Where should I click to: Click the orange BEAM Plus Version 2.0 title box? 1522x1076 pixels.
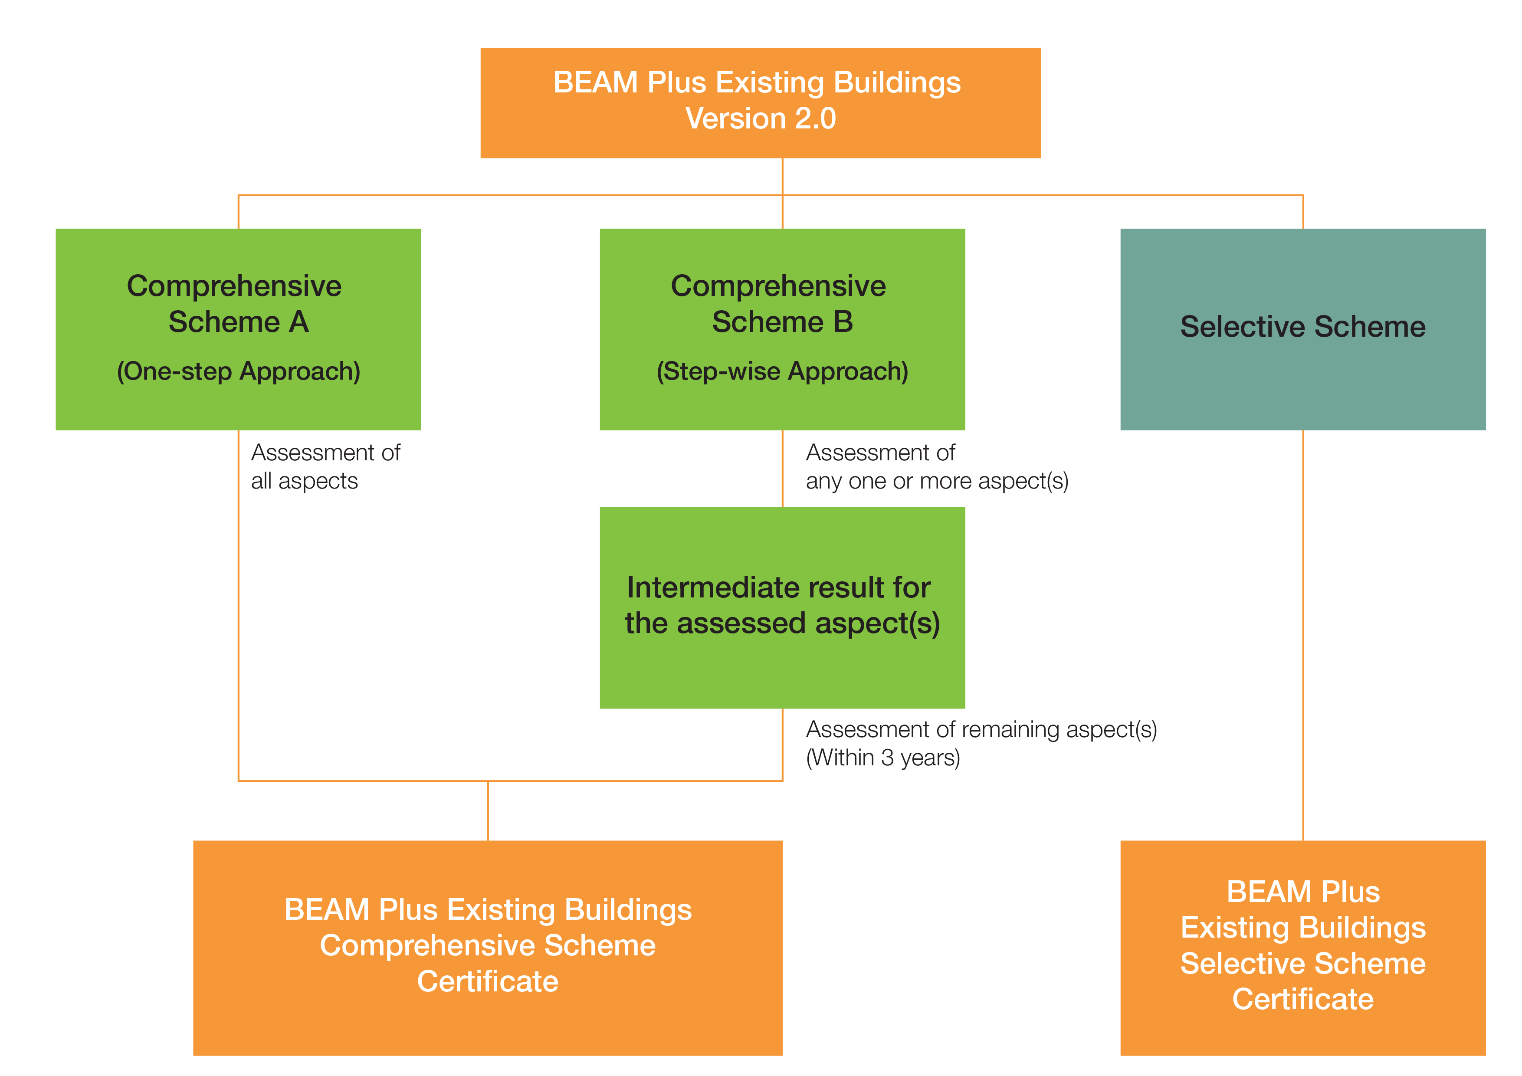click(760, 103)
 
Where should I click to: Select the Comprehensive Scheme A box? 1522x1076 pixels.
click(239, 329)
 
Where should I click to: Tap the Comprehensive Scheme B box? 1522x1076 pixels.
click(782, 329)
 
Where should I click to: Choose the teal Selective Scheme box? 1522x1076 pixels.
click(1302, 329)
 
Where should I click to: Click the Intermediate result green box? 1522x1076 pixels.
click(782, 607)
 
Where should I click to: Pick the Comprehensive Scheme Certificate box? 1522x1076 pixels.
click(488, 948)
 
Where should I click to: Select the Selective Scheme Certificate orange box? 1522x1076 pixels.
click(1302, 948)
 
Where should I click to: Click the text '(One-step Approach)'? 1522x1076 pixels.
click(239, 371)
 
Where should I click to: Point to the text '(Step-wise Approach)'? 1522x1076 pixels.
click(782, 371)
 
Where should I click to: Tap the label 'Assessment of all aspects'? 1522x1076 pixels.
click(325, 467)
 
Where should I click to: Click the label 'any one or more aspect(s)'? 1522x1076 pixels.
click(937, 481)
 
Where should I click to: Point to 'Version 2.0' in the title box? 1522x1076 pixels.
click(760, 119)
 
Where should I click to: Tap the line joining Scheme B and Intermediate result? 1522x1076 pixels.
click(783, 468)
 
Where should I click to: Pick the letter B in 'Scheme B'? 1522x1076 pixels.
click(843, 322)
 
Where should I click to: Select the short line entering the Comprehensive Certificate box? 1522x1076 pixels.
click(488, 811)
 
